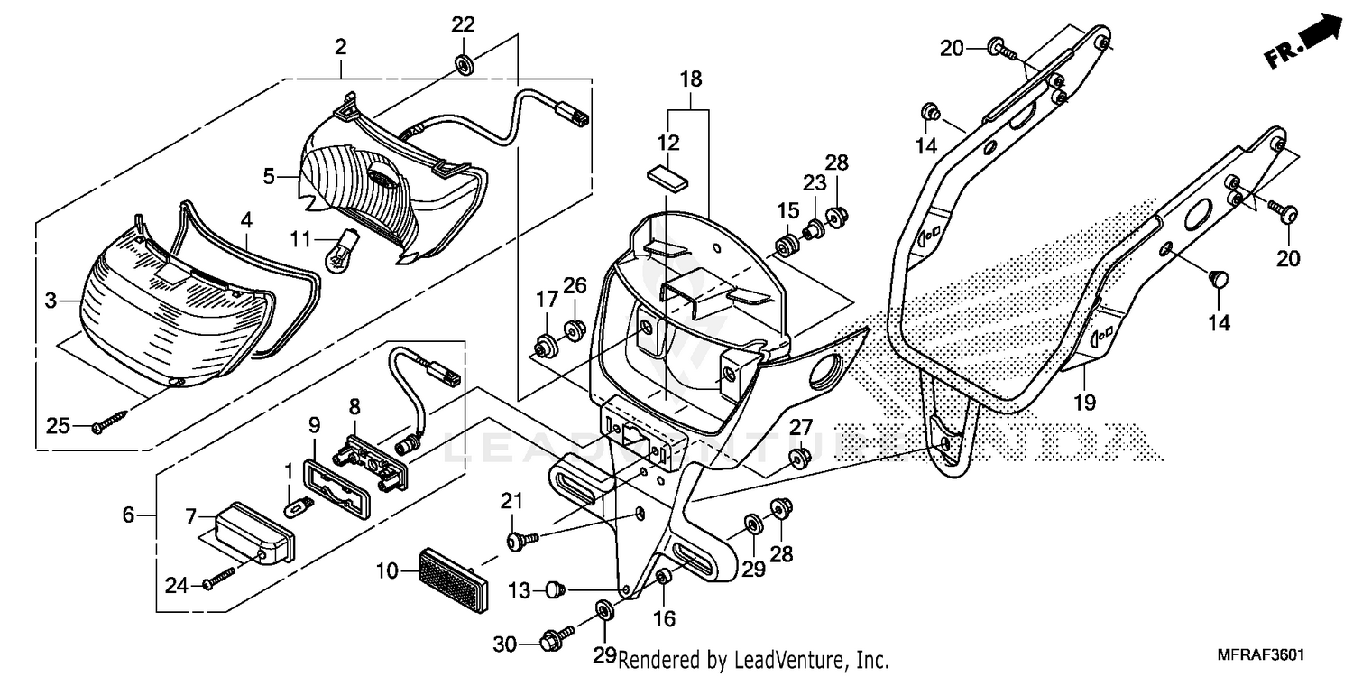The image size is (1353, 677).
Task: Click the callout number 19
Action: pos(1085,403)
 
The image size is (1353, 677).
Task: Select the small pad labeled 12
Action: pos(667,174)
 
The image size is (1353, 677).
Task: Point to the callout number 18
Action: pos(690,79)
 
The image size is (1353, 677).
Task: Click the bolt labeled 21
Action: pos(520,540)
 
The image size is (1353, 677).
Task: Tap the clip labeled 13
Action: pos(553,590)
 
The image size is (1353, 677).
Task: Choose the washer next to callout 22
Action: pos(465,65)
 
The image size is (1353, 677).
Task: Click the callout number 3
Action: pos(51,299)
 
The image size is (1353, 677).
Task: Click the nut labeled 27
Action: pos(796,458)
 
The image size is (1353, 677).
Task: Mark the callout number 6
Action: pos(128,515)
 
